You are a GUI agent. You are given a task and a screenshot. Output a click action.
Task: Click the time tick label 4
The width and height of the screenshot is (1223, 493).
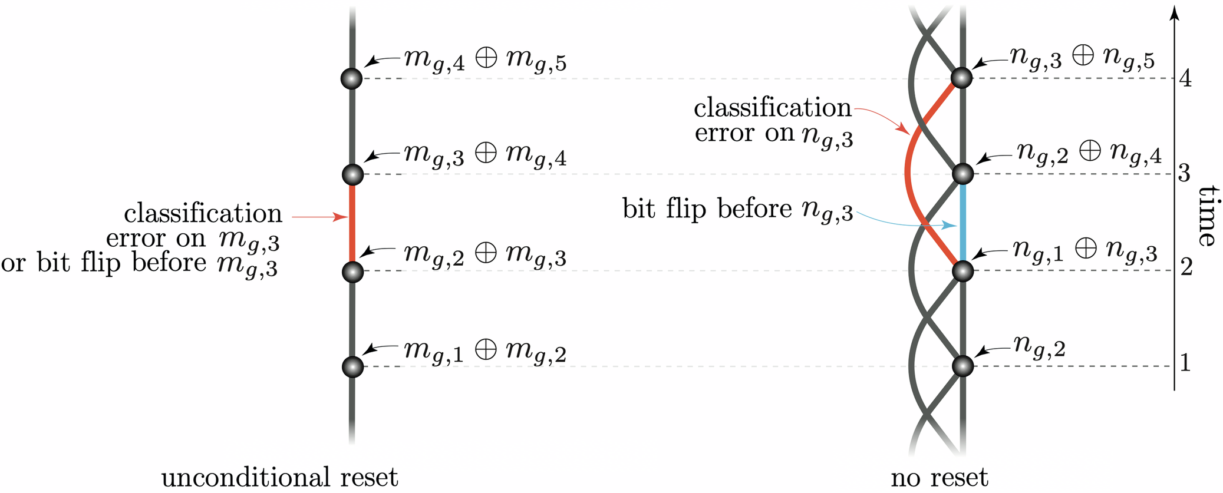[1185, 78]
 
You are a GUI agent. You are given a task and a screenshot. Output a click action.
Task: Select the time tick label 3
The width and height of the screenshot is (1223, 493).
[1184, 173]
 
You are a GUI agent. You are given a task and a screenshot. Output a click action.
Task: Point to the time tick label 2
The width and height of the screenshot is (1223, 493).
[1186, 268]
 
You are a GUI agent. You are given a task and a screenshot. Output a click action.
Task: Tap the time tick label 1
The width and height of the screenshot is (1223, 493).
[1185, 363]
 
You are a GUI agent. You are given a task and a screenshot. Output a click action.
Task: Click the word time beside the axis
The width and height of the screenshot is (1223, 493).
[1208, 216]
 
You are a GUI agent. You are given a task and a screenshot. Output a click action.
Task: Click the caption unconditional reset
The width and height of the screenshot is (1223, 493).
[279, 477]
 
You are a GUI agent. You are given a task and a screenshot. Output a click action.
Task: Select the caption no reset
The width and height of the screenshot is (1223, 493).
[939, 477]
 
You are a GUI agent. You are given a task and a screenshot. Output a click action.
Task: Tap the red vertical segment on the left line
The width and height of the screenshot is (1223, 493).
[352, 223]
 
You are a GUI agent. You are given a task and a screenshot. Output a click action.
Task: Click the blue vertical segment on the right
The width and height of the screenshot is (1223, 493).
[962, 223]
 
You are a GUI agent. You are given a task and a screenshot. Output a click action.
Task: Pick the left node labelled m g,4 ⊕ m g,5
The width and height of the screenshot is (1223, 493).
[352, 78]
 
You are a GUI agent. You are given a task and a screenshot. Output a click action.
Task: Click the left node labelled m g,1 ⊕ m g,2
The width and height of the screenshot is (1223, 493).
[352, 366]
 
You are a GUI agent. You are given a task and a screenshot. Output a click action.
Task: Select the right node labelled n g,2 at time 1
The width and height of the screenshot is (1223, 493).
[962, 366]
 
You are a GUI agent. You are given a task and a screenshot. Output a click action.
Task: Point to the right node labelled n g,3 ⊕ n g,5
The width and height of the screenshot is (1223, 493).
[962, 78]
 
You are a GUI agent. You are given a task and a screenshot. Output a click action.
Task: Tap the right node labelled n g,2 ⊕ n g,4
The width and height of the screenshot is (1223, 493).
[963, 174]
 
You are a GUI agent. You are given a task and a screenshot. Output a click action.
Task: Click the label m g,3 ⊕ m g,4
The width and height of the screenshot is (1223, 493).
[484, 155]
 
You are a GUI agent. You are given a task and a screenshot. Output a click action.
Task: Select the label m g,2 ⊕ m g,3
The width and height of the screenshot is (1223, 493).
[484, 254]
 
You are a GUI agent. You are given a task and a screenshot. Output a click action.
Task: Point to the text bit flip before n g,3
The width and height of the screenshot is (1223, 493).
[737, 210]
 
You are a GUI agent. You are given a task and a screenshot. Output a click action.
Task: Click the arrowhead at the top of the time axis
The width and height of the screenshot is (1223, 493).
[1174, 13]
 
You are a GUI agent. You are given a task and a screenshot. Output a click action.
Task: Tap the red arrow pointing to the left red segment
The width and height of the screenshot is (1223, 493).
[318, 217]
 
